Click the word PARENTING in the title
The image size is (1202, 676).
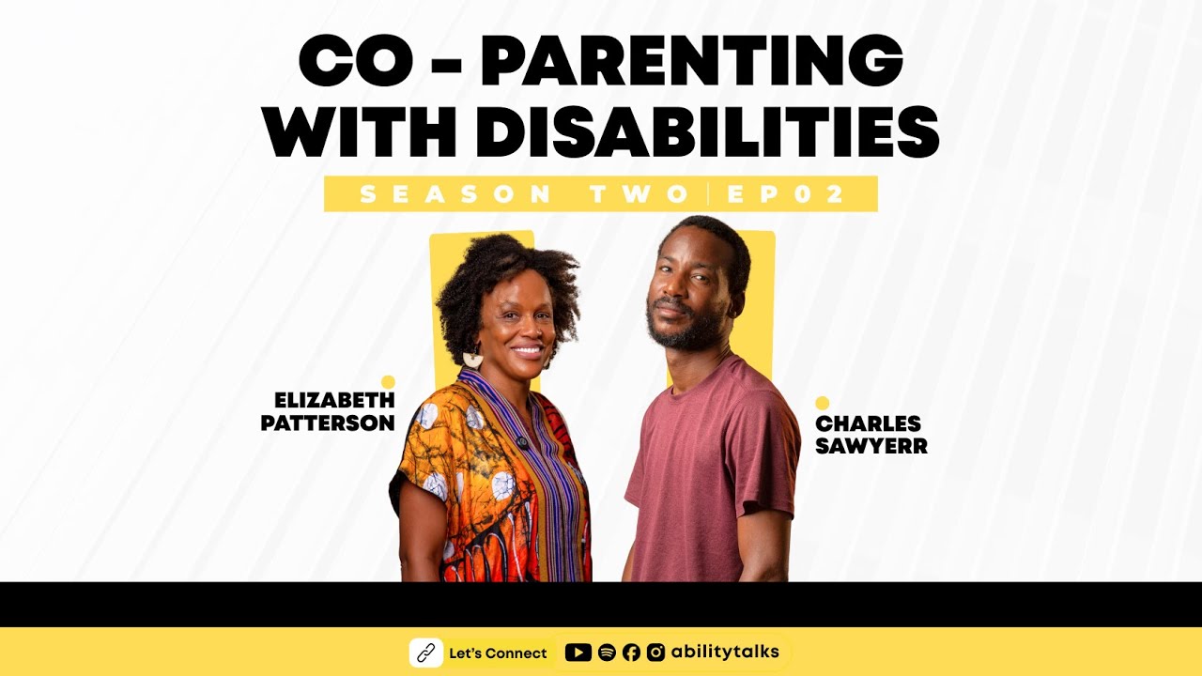691,62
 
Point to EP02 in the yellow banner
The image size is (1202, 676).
787,194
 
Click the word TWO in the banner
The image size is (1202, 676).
640,194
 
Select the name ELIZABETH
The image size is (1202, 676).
334,401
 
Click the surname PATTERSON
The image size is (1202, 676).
328,423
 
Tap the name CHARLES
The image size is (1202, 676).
868,424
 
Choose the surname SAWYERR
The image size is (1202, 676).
871,447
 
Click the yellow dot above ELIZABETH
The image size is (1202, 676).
388,381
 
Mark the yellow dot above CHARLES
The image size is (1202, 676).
823,403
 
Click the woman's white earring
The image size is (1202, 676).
473,359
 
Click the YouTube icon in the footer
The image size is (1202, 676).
578,653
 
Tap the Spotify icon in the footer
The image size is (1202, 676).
607,653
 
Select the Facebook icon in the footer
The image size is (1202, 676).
631,653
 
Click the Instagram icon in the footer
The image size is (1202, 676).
656,653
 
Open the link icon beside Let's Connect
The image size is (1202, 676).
426,653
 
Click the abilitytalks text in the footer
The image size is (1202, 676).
725,652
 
